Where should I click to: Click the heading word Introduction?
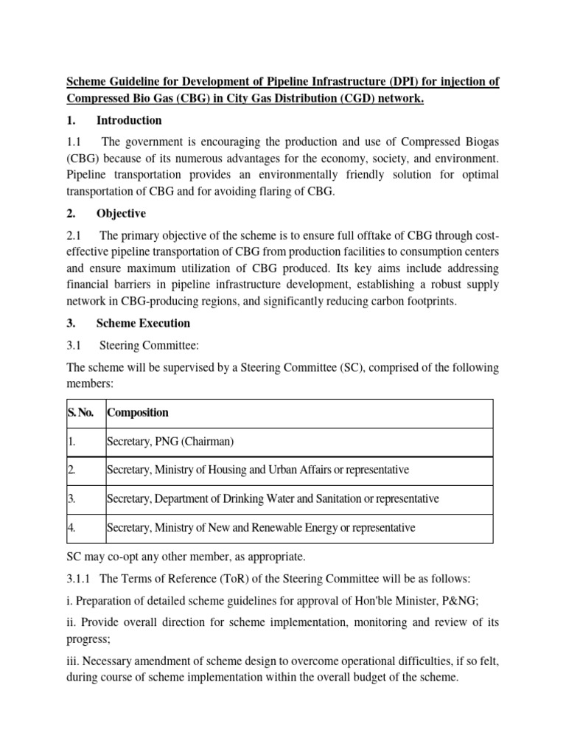click(x=129, y=120)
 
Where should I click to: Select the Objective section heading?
click(x=121, y=214)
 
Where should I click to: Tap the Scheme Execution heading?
click(x=143, y=323)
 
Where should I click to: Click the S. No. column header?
click(x=81, y=413)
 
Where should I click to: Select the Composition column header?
click(x=138, y=413)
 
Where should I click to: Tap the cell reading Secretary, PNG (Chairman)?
click(x=170, y=442)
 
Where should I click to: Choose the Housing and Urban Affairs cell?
click(x=257, y=470)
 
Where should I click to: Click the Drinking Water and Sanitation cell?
click(x=273, y=498)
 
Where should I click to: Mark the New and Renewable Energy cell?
click(x=261, y=527)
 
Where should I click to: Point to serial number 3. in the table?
click(x=72, y=498)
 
